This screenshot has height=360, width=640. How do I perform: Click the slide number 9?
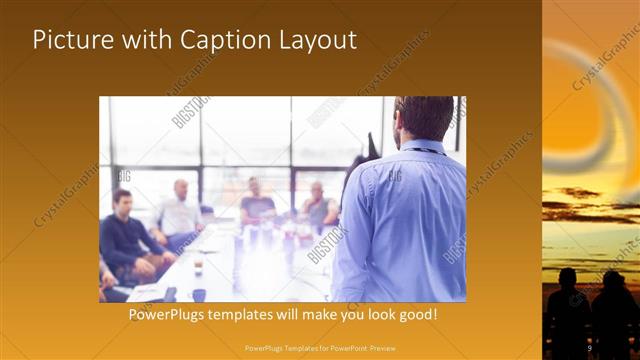[x=589, y=347]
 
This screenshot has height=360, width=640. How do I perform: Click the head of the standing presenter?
[x=415, y=119]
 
